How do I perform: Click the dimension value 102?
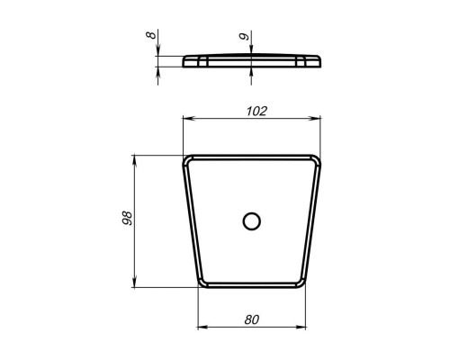(256, 112)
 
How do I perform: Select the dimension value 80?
(251, 319)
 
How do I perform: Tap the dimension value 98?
(127, 218)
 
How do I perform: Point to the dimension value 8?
(151, 35)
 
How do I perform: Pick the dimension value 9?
(244, 36)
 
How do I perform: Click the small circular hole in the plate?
(251, 221)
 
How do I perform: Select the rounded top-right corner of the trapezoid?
(317, 159)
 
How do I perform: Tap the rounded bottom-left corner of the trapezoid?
(202, 283)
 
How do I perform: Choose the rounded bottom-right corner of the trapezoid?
(301, 283)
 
